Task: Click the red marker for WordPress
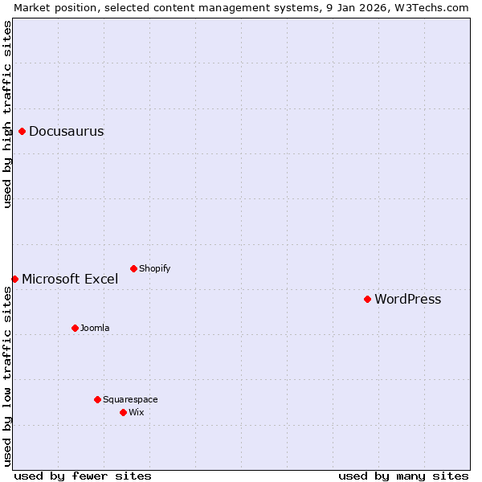367,299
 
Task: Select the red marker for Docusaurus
22,131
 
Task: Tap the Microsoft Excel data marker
14,279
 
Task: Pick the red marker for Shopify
133,268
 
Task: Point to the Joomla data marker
75,328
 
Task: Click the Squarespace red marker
97,399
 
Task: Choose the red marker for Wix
123,412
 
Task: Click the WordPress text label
407,300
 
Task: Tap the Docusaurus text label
66,132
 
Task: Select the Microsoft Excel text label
70,280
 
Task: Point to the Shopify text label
154,268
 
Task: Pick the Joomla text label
95,328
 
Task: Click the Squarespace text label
130,399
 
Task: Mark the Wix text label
136,412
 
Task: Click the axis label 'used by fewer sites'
83,476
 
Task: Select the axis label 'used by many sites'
403,476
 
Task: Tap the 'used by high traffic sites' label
7,114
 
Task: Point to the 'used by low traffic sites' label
7,376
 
